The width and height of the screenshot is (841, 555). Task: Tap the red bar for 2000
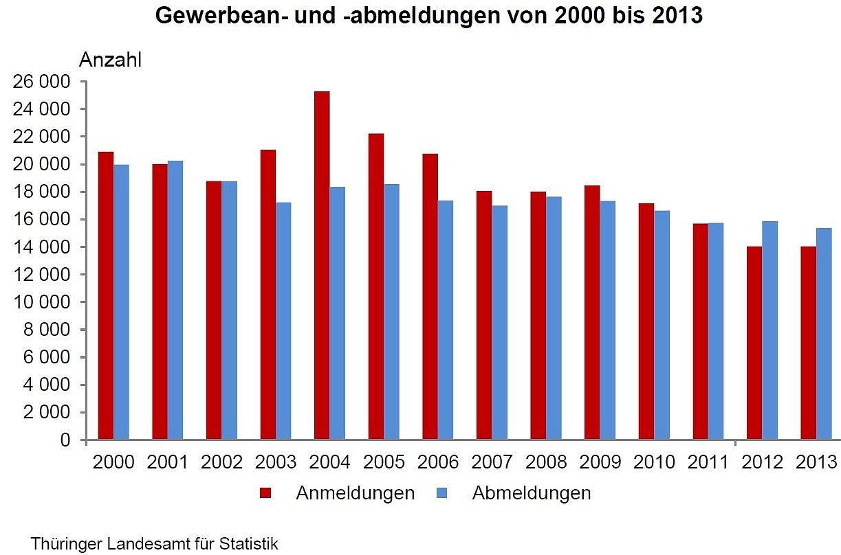click(x=106, y=295)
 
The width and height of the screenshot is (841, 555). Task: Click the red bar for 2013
click(x=808, y=343)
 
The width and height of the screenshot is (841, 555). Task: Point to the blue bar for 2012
click(x=769, y=330)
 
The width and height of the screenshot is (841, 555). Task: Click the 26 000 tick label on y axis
click(x=42, y=82)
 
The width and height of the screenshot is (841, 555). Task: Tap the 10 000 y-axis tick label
click(x=42, y=302)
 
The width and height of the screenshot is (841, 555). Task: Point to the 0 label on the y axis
click(x=65, y=440)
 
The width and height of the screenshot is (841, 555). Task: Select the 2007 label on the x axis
click(x=492, y=462)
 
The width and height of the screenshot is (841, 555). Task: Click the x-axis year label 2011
click(x=708, y=462)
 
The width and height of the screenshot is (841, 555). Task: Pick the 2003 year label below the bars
click(x=276, y=462)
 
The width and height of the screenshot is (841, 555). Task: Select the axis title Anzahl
click(x=110, y=60)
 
